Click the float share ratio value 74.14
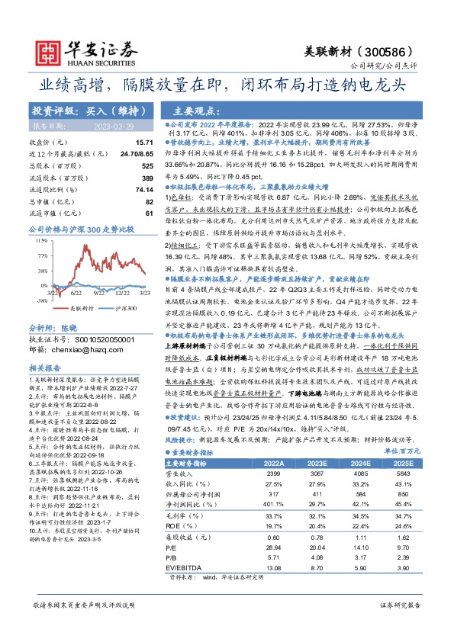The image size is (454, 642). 144,188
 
